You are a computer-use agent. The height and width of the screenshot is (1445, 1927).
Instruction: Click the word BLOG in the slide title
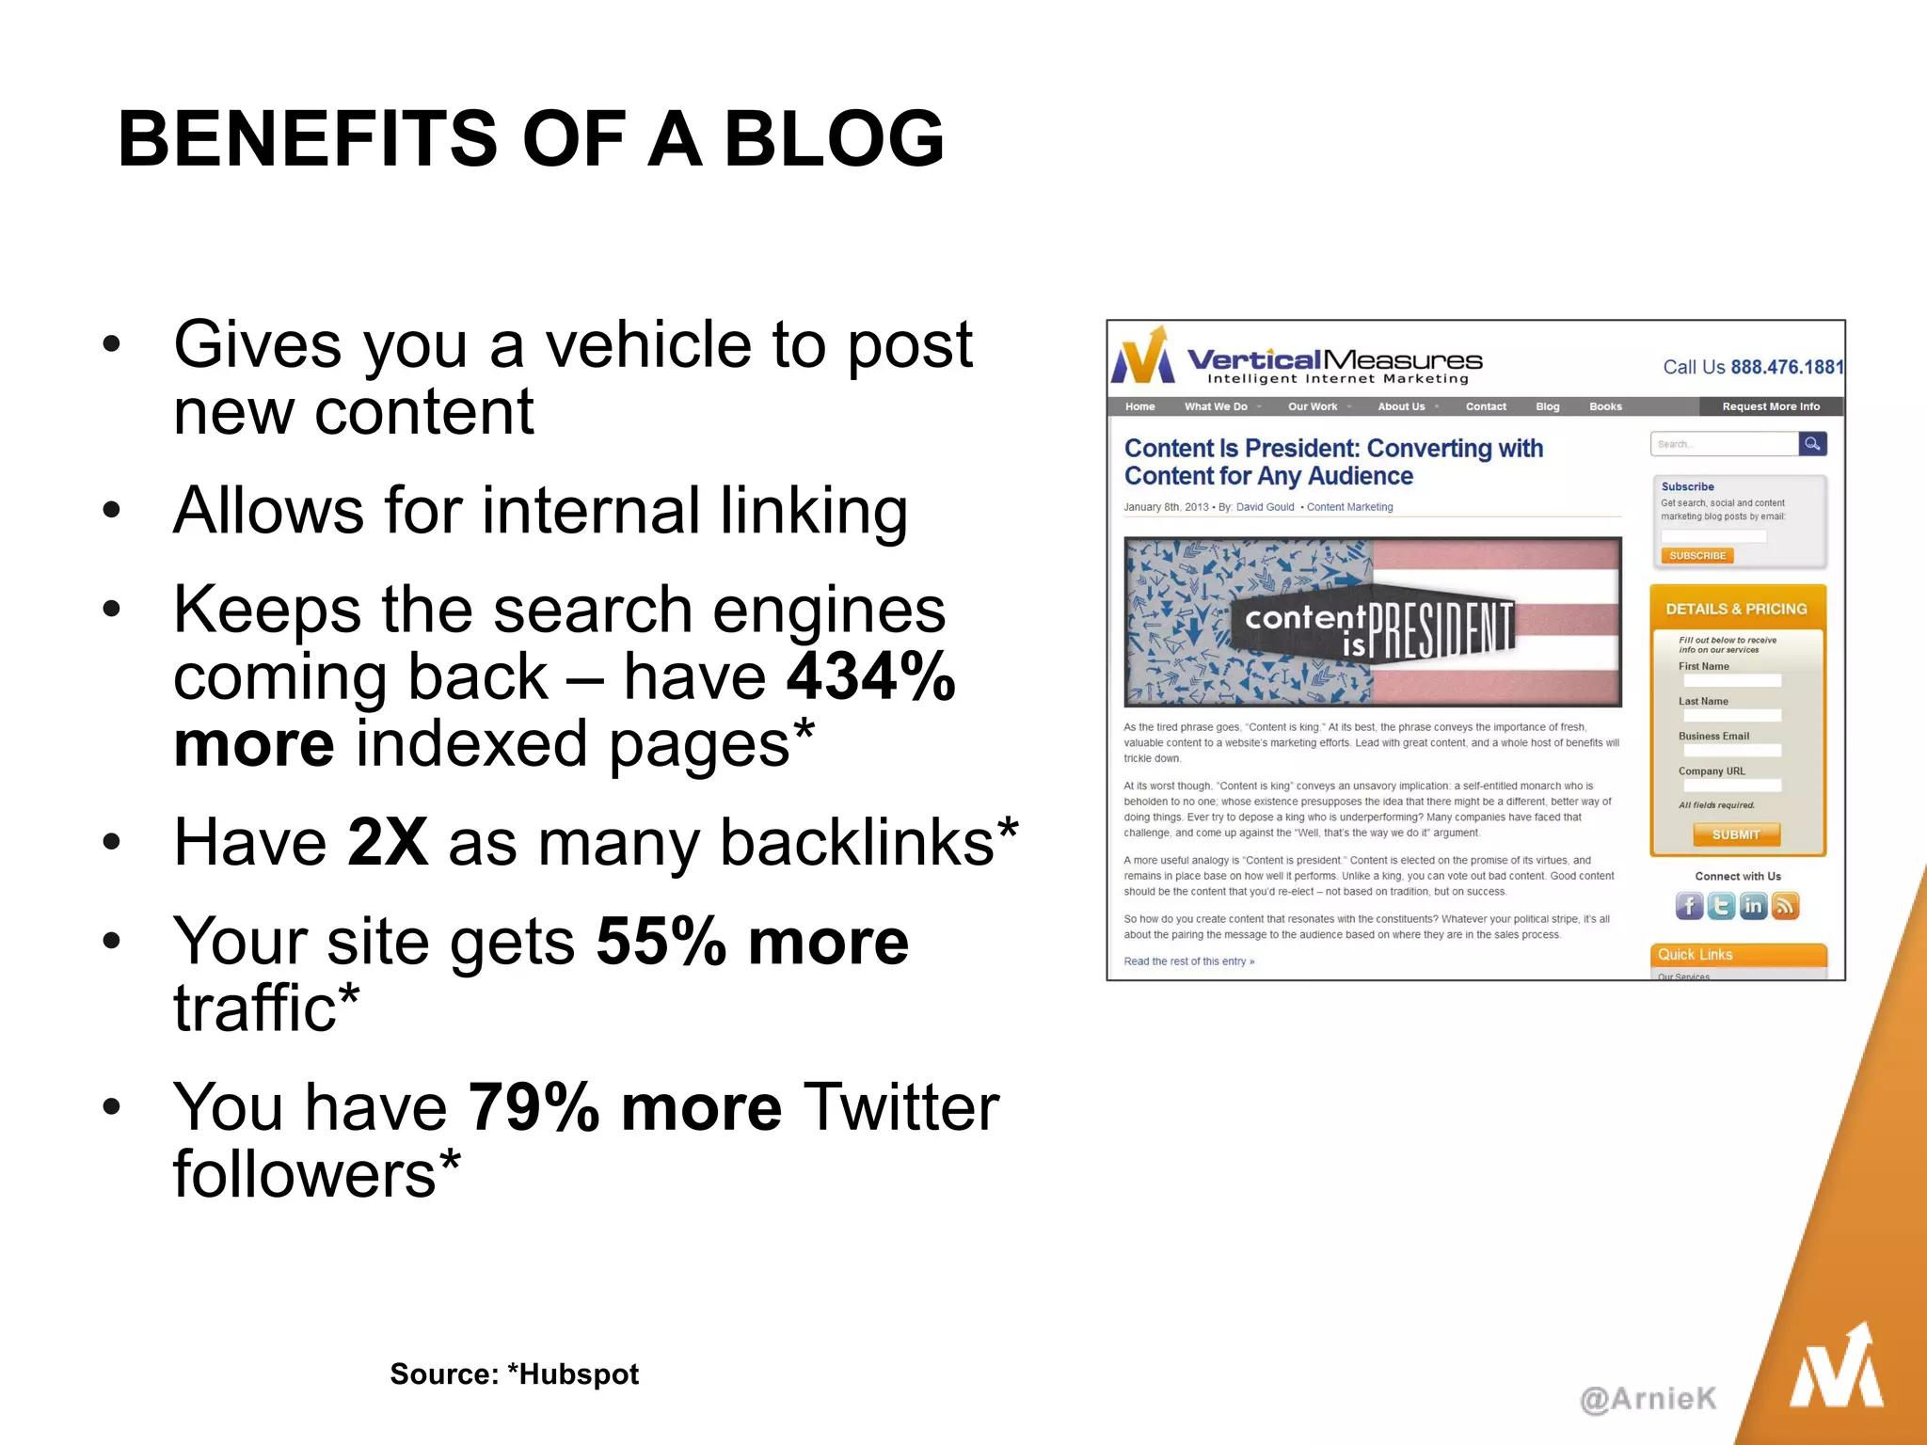[x=833, y=139]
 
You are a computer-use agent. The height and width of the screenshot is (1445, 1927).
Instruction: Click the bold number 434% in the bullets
[x=871, y=676]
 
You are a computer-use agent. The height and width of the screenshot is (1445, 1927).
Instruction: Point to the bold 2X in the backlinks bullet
[x=387, y=841]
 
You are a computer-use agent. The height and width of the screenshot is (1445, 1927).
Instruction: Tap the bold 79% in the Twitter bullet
[x=534, y=1107]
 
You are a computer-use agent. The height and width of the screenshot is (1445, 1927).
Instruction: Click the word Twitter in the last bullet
[x=900, y=1107]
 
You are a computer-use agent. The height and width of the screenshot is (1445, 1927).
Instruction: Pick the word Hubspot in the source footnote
[x=579, y=1374]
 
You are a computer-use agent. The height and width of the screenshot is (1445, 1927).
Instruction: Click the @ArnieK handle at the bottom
[x=1648, y=1399]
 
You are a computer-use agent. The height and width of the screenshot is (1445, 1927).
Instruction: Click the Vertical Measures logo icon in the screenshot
[x=1143, y=357]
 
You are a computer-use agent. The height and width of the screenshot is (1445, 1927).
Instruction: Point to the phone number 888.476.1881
[x=1787, y=367]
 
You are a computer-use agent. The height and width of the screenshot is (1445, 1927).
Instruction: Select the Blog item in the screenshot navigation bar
[x=1547, y=406]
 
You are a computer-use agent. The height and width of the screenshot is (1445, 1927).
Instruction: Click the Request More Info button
[x=1770, y=406]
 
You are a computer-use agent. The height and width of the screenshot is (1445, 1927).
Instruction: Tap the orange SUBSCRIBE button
[x=1697, y=556]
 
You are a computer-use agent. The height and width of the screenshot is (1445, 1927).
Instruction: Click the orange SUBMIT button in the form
[x=1736, y=834]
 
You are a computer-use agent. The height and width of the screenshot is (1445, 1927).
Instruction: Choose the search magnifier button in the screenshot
[x=1812, y=444]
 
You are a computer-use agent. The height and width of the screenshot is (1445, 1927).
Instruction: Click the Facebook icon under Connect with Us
[x=1689, y=906]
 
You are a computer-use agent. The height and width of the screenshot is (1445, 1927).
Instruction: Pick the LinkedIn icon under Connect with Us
[x=1753, y=906]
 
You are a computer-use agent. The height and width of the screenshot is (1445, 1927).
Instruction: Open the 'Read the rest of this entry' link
[x=1188, y=961]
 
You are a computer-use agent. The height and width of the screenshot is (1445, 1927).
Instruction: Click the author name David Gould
[x=1265, y=507]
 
